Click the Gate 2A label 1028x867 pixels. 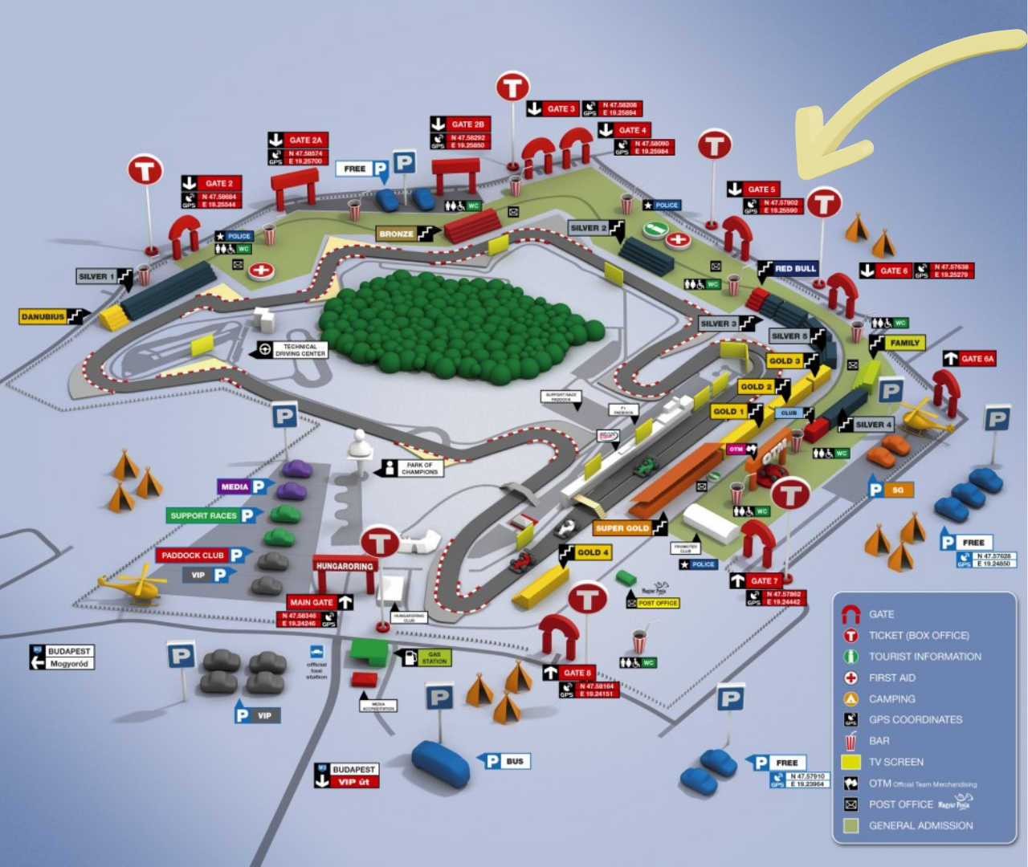click(304, 140)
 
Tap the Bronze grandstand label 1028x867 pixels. click(397, 234)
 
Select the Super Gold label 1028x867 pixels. click(622, 528)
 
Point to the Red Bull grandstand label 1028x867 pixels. click(794, 269)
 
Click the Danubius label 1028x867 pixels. click(43, 317)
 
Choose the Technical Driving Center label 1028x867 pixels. click(299, 350)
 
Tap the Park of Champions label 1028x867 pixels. click(418, 468)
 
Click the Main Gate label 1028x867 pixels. click(312, 602)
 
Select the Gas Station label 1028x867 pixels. click(434, 657)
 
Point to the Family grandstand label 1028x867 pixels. click(904, 343)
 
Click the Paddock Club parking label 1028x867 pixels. click(194, 556)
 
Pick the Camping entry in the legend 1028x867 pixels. click(891, 698)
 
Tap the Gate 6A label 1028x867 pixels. click(977, 359)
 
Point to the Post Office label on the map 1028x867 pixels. click(658, 603)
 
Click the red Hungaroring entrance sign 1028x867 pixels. click(345, 566)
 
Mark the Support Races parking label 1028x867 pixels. click(204, 515)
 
